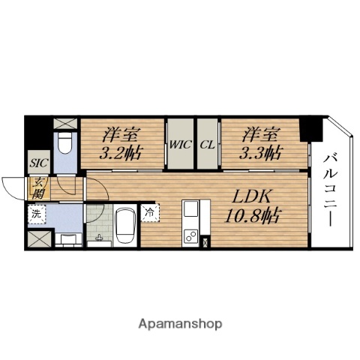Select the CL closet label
(207, 145)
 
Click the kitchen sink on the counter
(190, 208)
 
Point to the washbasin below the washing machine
(67, 239)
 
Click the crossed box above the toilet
(65, 123)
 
